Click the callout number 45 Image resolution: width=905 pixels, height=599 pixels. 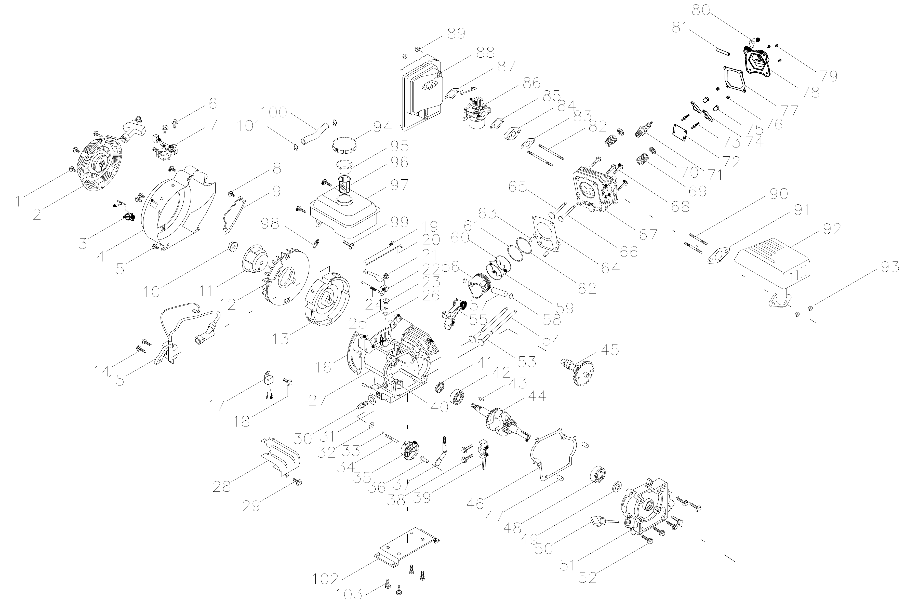point(610,350)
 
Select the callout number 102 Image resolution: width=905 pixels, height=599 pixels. point(325,579)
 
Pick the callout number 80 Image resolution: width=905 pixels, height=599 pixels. point(701,10)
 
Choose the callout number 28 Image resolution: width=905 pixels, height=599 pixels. point(222,487)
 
